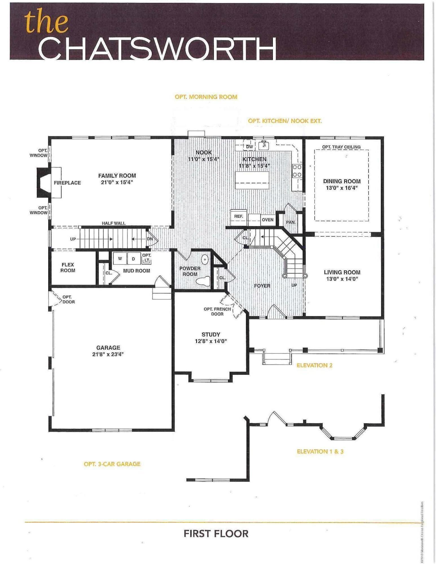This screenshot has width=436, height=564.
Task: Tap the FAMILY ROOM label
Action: click(117, 176)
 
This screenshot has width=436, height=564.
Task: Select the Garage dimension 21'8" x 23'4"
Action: click(108, 354)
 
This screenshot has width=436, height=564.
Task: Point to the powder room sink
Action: click(205, 259)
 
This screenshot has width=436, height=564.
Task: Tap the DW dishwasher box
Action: click(249, 147)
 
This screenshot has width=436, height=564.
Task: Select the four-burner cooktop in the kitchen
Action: click(297, 171)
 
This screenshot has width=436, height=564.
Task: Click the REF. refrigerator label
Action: click(238, 216)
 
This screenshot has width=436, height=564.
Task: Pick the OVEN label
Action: click(268, 220)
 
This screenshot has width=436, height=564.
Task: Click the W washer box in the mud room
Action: click(120, 259)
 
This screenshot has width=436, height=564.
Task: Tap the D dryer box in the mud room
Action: click(133, 259)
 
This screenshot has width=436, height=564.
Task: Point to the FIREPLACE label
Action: click(67, 183)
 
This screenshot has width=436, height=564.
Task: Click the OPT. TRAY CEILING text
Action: click(341, 147)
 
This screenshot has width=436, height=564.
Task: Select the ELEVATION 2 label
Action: click(314, 365)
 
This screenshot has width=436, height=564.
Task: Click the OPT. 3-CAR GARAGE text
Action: click(112, 464)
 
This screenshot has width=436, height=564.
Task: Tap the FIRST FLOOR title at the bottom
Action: click(216, 534)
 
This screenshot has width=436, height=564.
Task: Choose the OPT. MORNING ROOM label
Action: click(206, 97)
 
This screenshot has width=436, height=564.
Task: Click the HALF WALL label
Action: click(113, 223)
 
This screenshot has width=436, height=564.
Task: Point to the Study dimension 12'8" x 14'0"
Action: click(211, 341)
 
